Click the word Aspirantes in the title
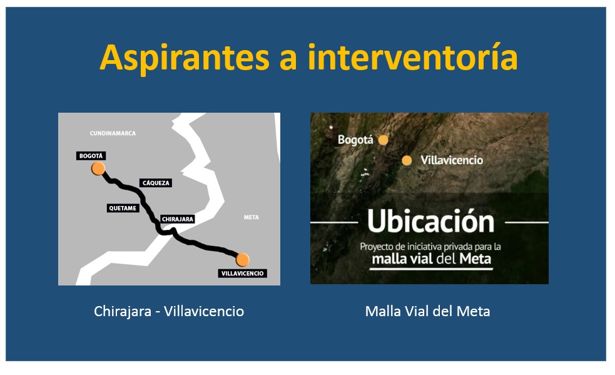[185, 58]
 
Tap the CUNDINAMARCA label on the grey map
[113, 133]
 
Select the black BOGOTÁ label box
[91, 156]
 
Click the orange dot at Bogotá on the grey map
[98, 168]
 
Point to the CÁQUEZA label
[156, 183]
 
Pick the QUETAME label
[123, 208]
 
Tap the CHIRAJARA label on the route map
[178, 219]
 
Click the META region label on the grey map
[251, 217]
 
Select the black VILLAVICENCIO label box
[242, 274]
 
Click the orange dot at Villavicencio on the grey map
[243, 260]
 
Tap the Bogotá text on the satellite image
[355, 140]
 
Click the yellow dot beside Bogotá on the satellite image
[383, 140]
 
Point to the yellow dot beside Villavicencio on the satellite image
[407, 160]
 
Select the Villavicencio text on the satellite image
[452, 160]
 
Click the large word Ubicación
[430, 221]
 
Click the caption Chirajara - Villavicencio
[169, 311]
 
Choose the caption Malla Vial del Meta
[427, 311]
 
